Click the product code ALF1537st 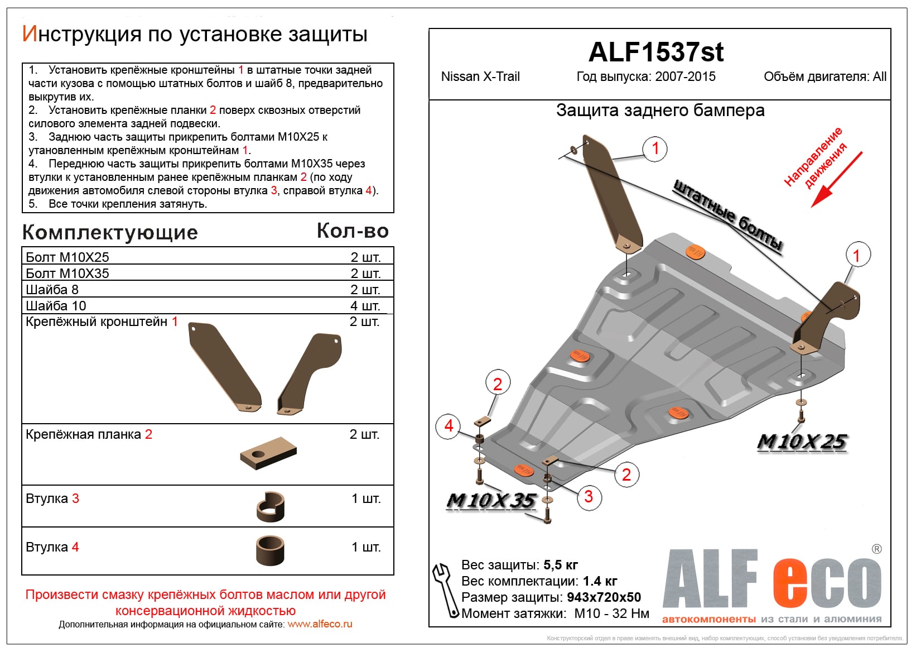click(x=655, y=52)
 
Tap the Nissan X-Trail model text click(x=480, y=76)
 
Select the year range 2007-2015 click(x=685, y=76)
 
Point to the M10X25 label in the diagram click(x=802, y=442)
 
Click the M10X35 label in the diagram click(x=491, y=501)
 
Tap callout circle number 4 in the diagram click(x=449, y=426)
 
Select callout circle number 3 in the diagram click(x=589, y=496)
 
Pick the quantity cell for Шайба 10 click(x=365, y=306)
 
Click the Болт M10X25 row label click(x=68, y=257)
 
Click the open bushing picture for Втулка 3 click(x=271, y=506)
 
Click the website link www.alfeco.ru click(x=320, y=624)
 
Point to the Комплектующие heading click(x=110, y=233)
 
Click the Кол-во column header click(x=353, y=231)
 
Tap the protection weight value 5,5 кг click(x=561, y=565)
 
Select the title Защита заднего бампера click(x=660, y=111)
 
